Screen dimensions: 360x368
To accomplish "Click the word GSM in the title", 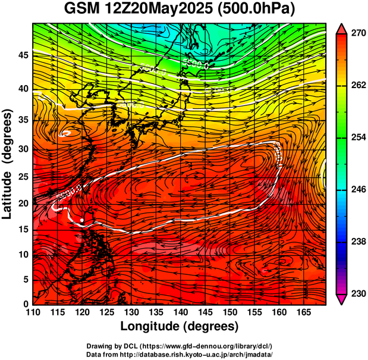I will (x=84, y=9).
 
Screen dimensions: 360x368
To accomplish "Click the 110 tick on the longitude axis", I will (x=33, y=312).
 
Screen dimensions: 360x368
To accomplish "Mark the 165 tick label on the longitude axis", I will (x=302, y=312).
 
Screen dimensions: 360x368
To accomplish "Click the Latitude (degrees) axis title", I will (x=8, y=164).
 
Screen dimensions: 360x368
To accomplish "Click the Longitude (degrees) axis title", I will (x=180, y=326).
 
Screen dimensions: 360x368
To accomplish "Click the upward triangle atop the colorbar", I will (x=341, y=28).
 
